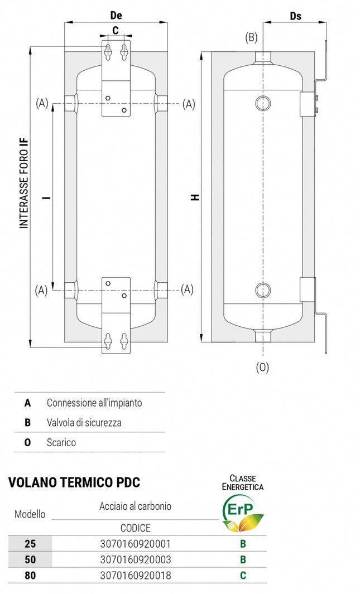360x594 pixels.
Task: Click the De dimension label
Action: point(116,16)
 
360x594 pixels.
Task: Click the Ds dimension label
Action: point(295,16)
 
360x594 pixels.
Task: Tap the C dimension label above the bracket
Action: point(116,31)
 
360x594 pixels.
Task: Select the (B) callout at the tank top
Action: point(251,37)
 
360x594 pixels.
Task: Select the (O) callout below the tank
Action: point(262,368)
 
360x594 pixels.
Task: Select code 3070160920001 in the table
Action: point(135,543)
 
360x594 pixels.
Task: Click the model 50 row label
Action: point(30,559)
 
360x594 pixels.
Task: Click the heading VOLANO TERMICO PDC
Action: point(74,482)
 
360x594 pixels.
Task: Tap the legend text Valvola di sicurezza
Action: point(84,422)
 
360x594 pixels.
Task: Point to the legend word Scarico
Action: point(61,442)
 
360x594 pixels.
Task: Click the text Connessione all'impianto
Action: point(94,402)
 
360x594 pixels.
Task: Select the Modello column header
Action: point(30,514)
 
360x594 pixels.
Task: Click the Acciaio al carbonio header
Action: point(135,506)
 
